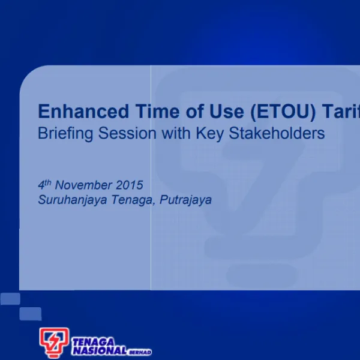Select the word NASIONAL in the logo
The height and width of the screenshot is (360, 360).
pos(99,350)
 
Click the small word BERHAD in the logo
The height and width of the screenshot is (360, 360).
pos(140,352)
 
